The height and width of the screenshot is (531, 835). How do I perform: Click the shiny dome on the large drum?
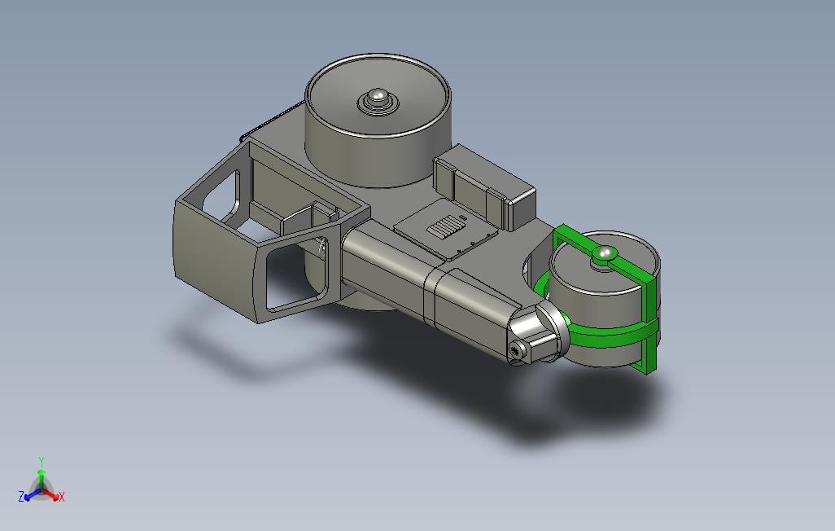tap(378, 96)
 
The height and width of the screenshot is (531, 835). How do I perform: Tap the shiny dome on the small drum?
tap(603, 252)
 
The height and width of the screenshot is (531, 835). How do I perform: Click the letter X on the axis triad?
tap(61, 497)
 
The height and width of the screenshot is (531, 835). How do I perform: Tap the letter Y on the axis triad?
tap(41, 461)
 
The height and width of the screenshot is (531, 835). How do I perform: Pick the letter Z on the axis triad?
tap(21, 497)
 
